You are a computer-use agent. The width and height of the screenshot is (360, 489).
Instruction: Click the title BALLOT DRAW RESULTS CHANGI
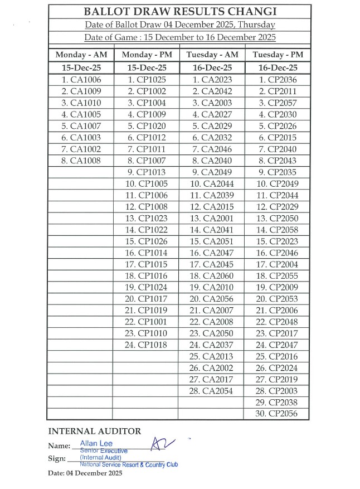pos(179,12)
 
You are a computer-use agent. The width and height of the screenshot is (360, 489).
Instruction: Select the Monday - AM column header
pos(81,55)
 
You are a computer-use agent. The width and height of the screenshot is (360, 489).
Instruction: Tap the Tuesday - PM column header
pos(277,55)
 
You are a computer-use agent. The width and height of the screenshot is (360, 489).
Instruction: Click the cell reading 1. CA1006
pos(81,80)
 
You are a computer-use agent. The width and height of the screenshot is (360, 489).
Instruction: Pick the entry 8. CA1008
pos(81,161)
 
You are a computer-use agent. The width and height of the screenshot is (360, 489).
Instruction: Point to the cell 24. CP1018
pos(146,345)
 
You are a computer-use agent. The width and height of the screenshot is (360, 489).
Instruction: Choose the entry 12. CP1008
pos(146,207)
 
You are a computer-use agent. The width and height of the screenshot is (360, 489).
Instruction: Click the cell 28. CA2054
pos(211,391)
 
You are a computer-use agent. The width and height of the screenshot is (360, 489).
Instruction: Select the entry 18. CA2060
pos(211,276)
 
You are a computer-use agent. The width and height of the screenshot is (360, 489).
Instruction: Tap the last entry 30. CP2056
pos(277,414)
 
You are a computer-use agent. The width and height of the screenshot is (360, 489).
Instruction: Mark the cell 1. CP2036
pos(277,80)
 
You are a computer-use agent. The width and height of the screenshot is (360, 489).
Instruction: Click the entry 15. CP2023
pos(277,241)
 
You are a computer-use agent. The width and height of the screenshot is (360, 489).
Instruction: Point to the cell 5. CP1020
pos(146,126)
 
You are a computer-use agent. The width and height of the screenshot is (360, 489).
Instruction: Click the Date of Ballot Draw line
pos(179,25)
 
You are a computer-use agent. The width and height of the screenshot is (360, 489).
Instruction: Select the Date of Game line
pos(179,38)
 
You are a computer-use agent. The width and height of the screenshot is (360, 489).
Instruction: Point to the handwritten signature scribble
pos(163,444)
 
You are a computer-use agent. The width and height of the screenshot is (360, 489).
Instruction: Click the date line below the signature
pos(85,474)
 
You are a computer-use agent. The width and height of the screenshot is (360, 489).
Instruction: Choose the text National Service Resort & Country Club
pos(128,464)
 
